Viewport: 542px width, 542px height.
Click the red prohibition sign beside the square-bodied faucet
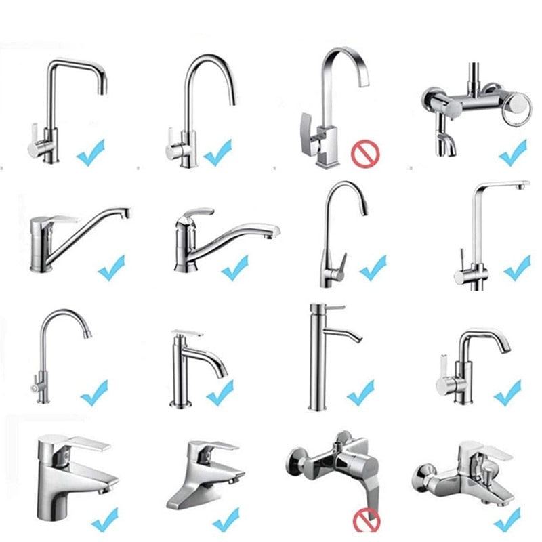click(x=363, y=154)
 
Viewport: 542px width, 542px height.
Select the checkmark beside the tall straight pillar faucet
click(x=360, y=393)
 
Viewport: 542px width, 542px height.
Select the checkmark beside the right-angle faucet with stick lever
click(x=517, y=268)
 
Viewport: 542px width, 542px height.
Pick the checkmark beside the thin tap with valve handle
click(x=93, y=392)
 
